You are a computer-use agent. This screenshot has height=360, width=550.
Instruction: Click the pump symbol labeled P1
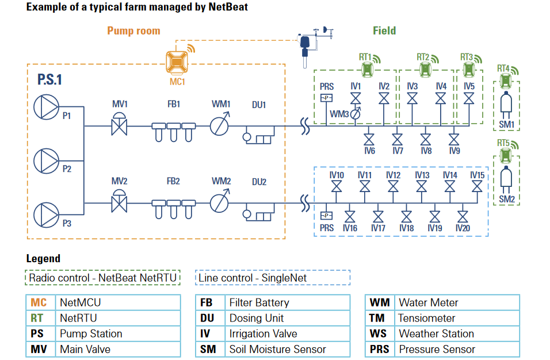[x=47, y=107]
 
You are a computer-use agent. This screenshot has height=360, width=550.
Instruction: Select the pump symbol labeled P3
[x=47, y=213]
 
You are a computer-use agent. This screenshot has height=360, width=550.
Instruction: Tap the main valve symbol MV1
[x=120, y=125]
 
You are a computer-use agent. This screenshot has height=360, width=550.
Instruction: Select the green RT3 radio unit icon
[x=468, y=70]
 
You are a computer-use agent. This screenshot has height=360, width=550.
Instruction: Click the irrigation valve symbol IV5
[x=469, y=98]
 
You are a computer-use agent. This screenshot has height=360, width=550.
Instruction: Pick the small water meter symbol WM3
[x=356, y=114]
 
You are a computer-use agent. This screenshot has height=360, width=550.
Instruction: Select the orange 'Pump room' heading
[x=133, y=30]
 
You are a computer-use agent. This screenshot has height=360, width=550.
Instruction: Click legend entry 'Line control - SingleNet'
[x=252, y=278]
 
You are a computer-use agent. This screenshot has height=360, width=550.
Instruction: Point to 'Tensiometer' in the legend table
[x=426, y=318]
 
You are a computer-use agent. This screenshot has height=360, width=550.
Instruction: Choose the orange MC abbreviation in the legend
[x=39, y=302]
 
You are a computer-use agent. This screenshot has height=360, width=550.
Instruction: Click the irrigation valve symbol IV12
[x=393, y=187]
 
